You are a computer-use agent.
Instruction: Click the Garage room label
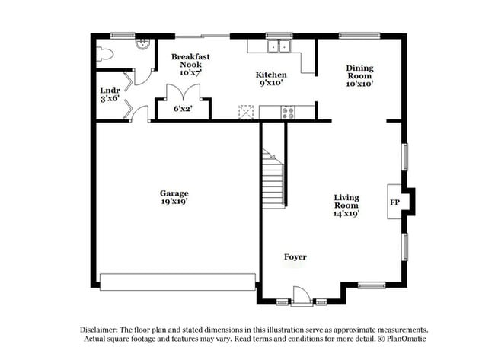(x=174, y=197)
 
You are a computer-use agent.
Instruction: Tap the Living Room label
(x=346, y=205)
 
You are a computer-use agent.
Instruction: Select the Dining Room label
(x=359, y=75)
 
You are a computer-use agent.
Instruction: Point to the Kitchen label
(x=270, y=78)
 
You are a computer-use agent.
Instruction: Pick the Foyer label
(x=295, y=257)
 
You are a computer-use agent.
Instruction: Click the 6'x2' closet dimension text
(x=183, y=109)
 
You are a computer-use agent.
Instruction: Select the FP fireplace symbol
(x=395, y=203)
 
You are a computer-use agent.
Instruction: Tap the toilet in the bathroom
(x=105, y=54)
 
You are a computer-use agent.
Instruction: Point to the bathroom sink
(x=141, y=44)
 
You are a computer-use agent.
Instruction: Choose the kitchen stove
(x=288, y=113)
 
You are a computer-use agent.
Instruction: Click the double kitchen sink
(x=279, y=46)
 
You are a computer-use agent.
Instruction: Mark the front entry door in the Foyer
(x=301, y=295)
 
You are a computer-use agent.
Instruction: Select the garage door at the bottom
(x=177, y=282)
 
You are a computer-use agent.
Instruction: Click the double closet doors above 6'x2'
(x=183, y=93)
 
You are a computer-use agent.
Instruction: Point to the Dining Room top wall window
(x=359, y=34)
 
